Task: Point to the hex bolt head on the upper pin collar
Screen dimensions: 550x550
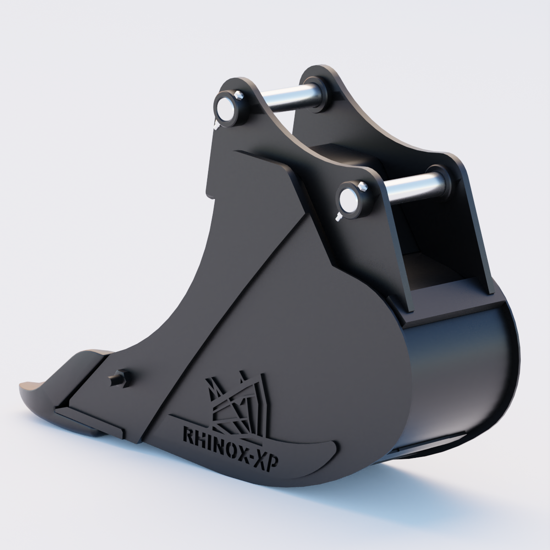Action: (240, 96)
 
